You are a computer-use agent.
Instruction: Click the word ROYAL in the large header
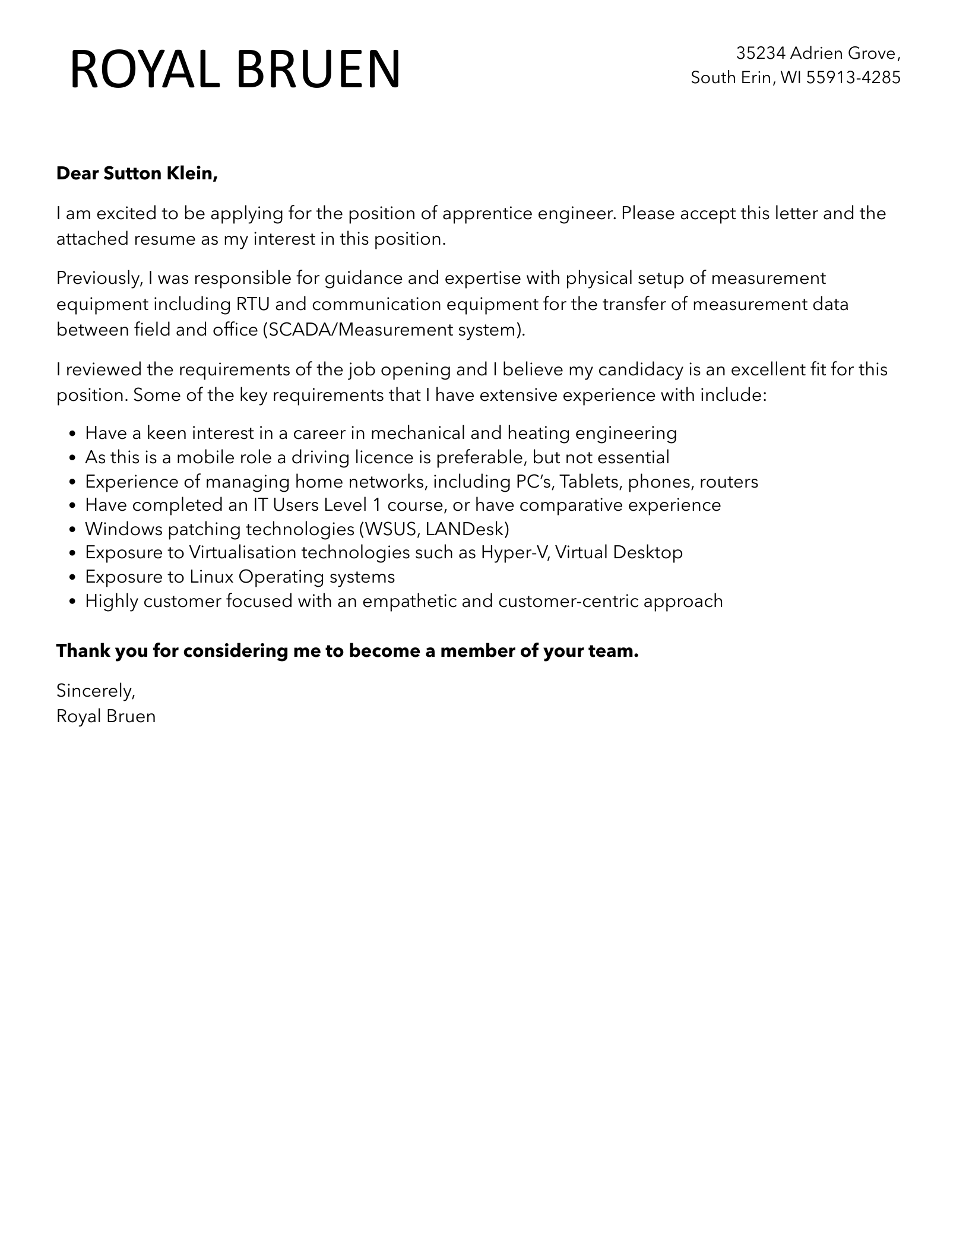tap(148, 70)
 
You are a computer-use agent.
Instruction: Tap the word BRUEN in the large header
tap(318, 70)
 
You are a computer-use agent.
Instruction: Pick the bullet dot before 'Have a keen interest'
tap(72, 434)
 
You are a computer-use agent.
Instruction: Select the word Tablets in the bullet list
tap(590, 481)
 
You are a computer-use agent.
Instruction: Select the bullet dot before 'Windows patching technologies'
tap(72, 530)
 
